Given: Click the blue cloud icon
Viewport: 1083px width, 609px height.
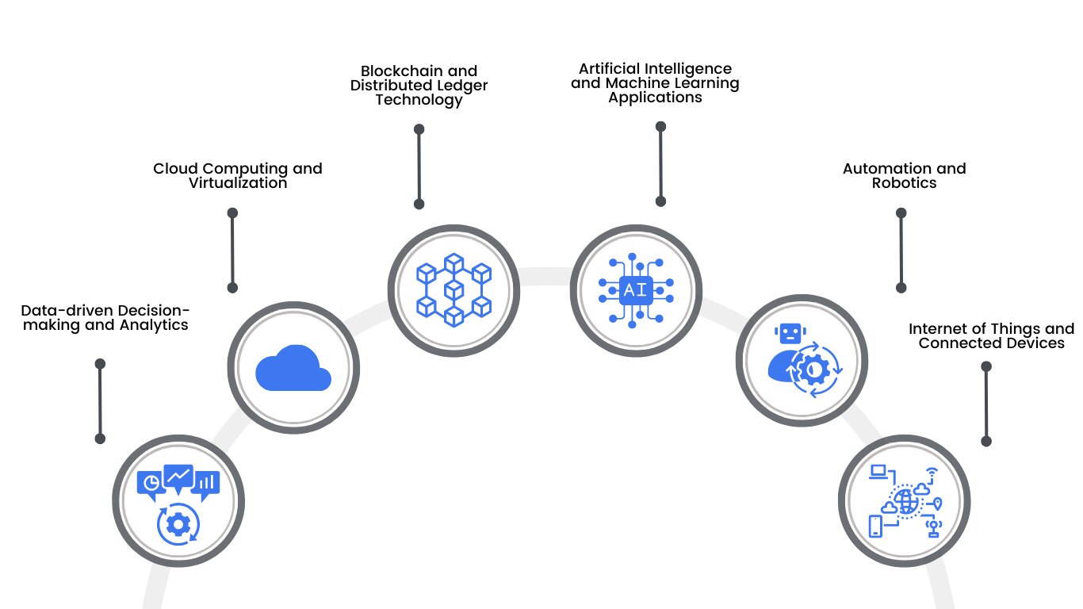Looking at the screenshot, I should pos(293,369).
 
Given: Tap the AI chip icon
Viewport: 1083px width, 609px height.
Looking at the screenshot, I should pos(635,290).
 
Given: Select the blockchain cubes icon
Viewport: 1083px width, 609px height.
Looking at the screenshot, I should pos(453,289).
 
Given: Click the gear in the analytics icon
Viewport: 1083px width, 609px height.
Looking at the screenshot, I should pos(178,524).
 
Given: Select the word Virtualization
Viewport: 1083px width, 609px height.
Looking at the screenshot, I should pos(238,183).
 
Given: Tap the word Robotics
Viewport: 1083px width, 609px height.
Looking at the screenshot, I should pos(904,183).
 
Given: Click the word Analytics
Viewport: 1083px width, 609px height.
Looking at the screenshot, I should pos(153,325).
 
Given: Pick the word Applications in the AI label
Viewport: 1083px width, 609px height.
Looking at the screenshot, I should pos(655,98).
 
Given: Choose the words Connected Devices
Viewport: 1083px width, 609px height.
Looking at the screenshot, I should pos(991,343).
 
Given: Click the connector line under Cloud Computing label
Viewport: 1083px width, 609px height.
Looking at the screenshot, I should pos(232,250).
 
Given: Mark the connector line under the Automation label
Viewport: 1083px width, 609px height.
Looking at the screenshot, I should pos(901,250).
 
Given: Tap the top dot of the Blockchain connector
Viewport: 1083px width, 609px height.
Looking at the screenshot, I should pos(419,129).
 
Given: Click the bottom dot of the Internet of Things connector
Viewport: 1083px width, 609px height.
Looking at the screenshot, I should pos(986,441).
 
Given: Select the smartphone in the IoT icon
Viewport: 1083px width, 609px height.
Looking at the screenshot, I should pos(875,526).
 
